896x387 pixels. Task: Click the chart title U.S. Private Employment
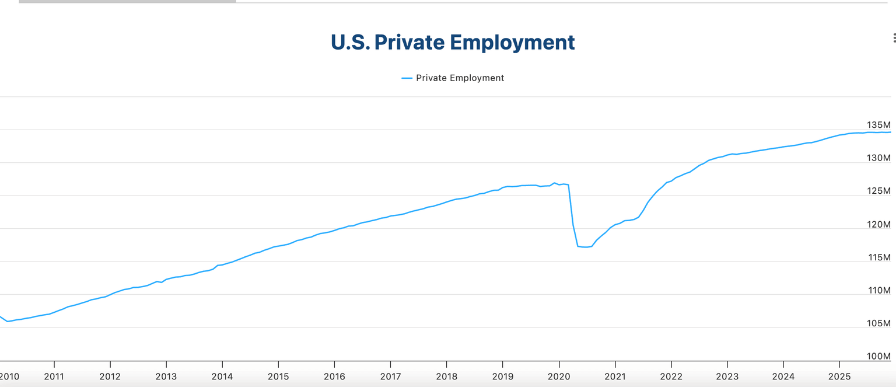tap(453, 43)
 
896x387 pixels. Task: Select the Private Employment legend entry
tap(453, 78)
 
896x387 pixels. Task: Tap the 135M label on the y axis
tap(878, 125)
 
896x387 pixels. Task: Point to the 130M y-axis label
tap(878, 158)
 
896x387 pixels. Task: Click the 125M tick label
tap(878, 191)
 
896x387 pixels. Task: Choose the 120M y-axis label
tap(878, 224)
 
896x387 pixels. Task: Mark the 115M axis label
tap(878, 257)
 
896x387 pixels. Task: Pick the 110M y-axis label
tap(878, 290)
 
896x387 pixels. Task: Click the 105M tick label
tap(878, 323)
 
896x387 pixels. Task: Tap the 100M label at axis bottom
tap(878, 357)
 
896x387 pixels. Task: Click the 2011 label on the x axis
tap(54, 376)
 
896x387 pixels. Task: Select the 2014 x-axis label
tap(222, 376)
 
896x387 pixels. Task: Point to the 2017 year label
tap(390, 376)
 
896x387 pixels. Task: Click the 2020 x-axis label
tap(559, 376)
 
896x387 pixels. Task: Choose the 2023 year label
tap(727, 376)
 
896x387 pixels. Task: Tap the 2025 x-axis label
tap(839, 376)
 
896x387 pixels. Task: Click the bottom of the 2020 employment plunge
tap(585, 247)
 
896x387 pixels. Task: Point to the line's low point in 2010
tap(8, 321)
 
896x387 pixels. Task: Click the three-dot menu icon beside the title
tap(894, 38)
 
